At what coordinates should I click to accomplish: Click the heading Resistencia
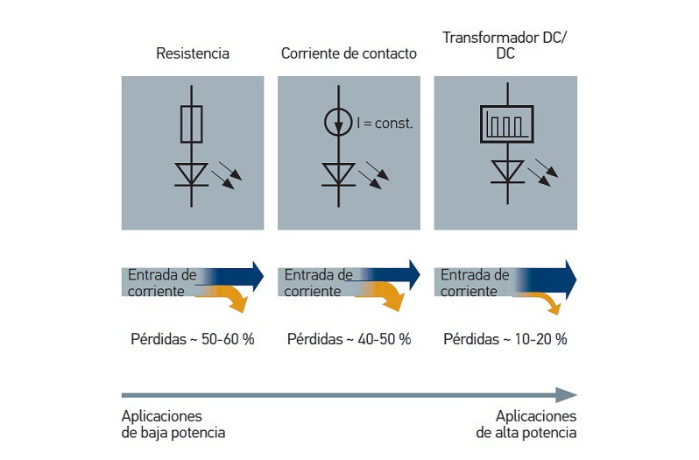pos(193,53)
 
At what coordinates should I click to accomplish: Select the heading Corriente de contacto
pos(349,53)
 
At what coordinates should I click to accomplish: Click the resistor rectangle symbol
pos(192,124)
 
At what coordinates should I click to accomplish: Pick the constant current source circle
pos(340,124)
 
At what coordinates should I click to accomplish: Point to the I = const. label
pos(385,124)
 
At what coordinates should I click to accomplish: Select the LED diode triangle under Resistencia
pos(192,173)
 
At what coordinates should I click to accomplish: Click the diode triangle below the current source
pos(340,173)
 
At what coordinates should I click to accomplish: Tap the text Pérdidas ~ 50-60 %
pos(193,338)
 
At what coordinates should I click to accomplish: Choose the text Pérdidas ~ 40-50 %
pos(349,338)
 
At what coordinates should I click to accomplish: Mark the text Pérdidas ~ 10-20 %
pos(505,338)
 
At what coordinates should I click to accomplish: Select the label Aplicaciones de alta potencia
pos(526,424)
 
